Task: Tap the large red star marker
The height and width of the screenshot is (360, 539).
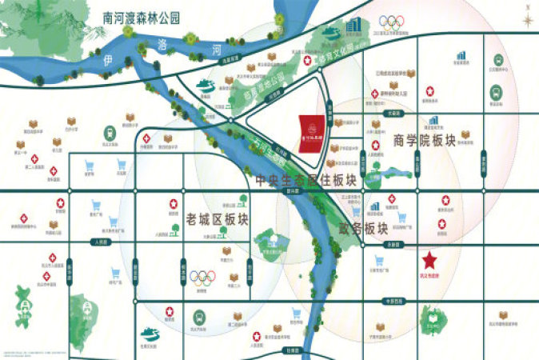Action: tap(429, 261)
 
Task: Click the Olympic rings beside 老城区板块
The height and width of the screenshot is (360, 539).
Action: tap(202, 278)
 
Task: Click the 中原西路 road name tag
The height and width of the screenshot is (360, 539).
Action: tap(392, 301)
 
